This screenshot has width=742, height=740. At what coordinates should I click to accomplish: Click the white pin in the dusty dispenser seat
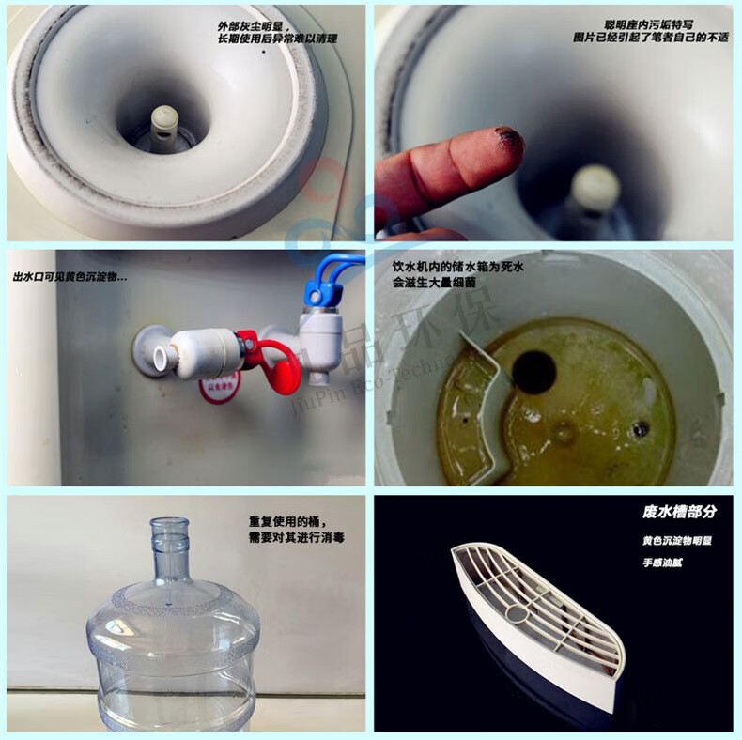click(164, 123)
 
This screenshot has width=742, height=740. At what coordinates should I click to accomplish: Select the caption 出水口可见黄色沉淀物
click(70, 278)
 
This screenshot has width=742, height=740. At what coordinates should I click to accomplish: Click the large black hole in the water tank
click(533, 372)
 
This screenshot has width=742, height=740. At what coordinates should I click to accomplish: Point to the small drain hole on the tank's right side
click(641, 428)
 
